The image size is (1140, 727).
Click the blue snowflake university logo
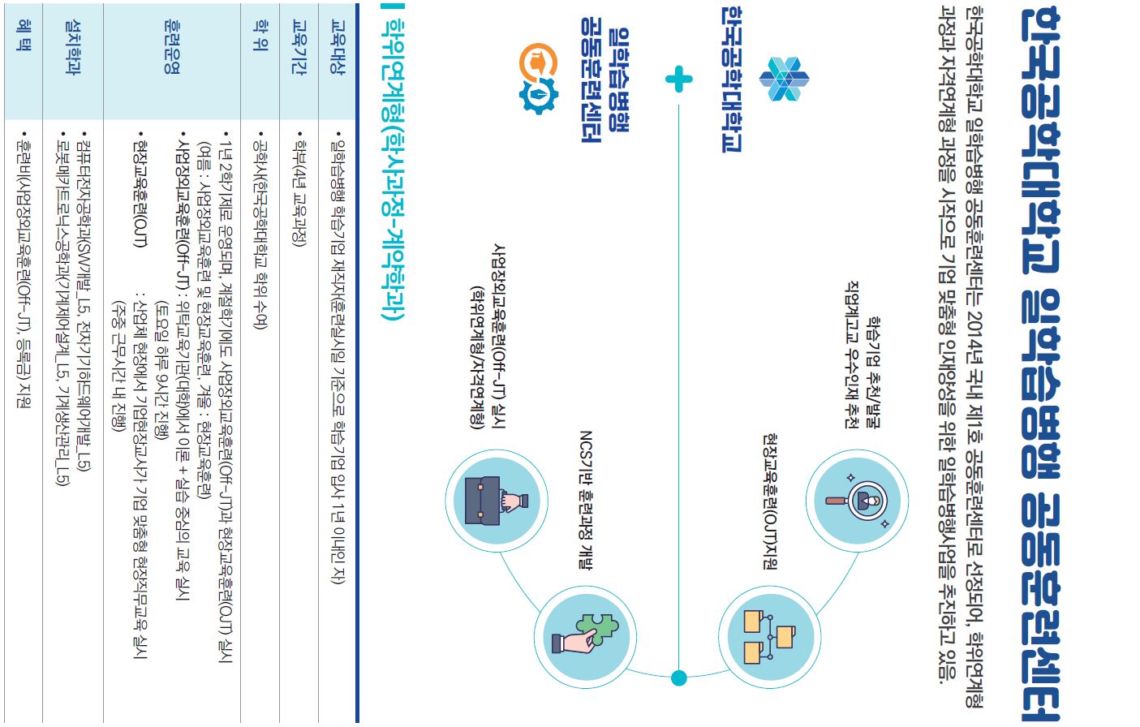784,80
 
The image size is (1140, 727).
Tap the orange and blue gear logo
538,79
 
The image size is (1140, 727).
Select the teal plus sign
678,80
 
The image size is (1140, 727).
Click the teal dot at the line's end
679,678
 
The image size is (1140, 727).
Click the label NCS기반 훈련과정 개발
585,499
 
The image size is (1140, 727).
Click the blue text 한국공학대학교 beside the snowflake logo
731,80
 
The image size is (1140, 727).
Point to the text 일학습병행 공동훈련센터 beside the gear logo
604,85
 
